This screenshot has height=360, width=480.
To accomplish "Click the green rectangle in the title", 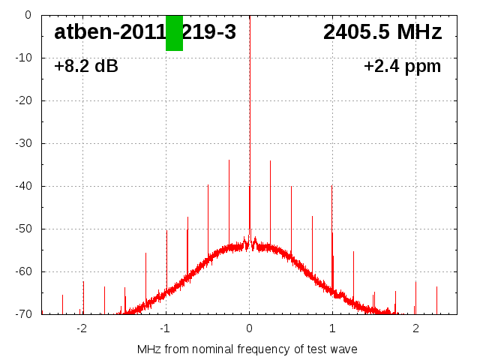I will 174,33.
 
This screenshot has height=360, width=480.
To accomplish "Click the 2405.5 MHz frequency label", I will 382,32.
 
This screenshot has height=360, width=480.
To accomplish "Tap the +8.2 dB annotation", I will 86,66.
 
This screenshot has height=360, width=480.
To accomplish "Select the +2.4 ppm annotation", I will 402,66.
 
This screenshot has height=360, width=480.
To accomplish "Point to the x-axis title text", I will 247,349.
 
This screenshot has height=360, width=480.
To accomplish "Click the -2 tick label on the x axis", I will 82,328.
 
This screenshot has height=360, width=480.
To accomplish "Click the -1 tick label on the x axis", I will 165,328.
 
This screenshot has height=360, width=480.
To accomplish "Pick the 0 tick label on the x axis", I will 249,328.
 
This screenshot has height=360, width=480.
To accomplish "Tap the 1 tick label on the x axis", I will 332,328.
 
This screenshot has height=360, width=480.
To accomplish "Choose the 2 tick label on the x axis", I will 415,328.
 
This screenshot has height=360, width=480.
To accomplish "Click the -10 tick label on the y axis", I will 22,58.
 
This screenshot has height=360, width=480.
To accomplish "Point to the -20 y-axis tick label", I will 22,100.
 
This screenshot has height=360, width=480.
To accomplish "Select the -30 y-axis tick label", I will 22,143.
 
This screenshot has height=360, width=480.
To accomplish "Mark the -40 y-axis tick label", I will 22,186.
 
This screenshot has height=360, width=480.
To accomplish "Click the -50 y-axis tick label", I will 22,229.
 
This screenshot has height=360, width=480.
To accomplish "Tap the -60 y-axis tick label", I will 22,271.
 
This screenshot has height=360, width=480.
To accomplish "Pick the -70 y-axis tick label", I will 22,314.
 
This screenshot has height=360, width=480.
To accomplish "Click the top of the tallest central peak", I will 250,16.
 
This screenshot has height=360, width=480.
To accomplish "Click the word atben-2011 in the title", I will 109,32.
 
